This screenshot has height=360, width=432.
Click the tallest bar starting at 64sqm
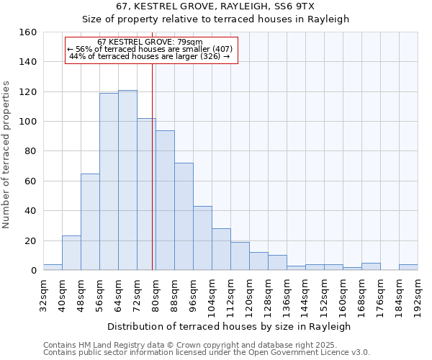[127, 180]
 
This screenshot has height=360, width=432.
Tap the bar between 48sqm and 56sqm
[90, 222]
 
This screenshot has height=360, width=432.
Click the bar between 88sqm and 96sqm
[184, 216]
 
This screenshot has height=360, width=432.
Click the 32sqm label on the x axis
[43, 294]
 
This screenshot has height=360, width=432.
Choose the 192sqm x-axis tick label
[418, 296]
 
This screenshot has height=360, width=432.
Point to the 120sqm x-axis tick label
[249, 296]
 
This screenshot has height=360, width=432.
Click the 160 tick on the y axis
[28, 32]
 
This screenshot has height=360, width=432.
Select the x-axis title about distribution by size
[230, 326]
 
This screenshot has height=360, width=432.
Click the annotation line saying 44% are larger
[150, 56]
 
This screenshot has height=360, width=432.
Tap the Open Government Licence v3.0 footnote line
[207, 352]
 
